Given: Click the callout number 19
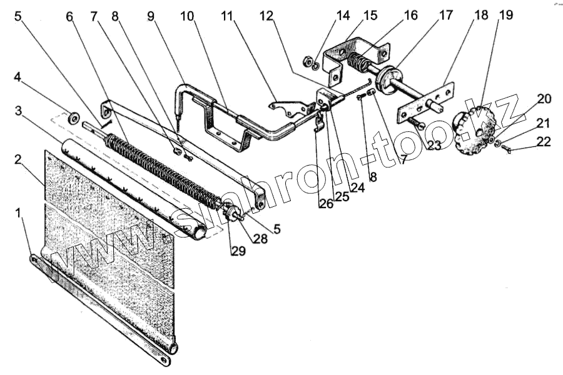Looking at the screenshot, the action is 505,15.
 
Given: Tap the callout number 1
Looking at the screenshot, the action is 20,213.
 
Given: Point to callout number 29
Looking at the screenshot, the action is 237,251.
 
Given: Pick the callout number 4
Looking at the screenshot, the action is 19,79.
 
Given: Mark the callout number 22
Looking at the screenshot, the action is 544,142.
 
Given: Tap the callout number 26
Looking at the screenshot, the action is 325,204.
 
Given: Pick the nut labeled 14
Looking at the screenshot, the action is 308,61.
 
